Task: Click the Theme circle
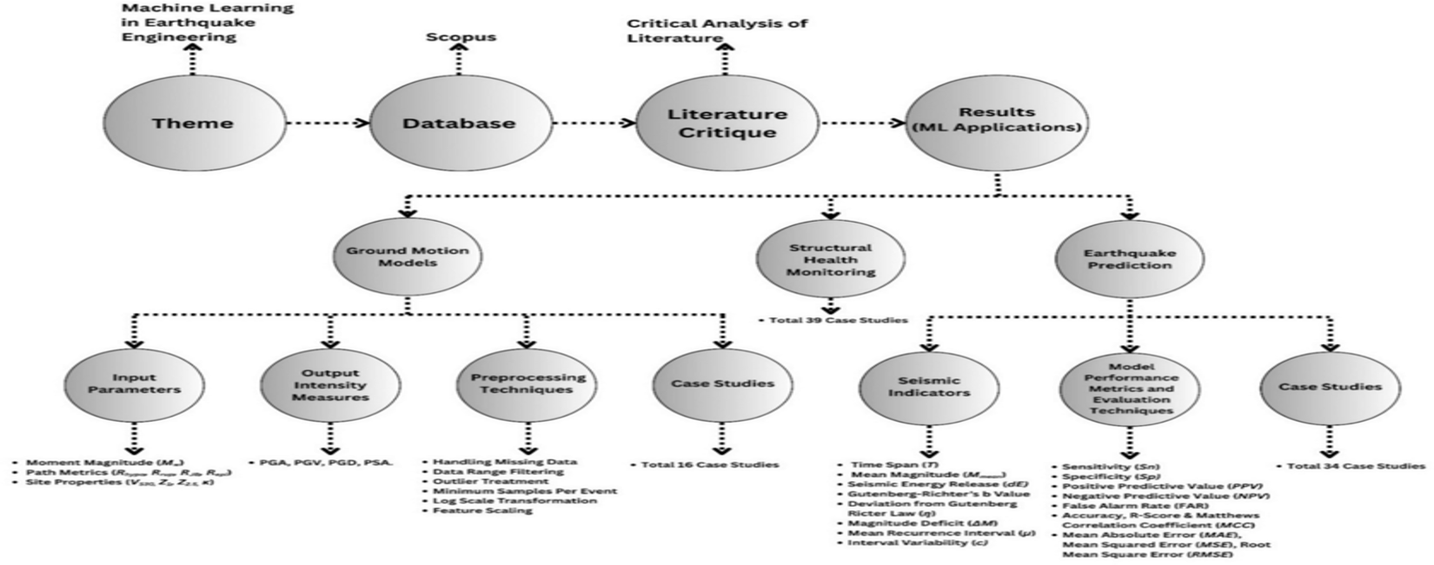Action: tap(193, 123)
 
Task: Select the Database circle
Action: tap(458, 123)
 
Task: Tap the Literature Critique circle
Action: tap(727, 123)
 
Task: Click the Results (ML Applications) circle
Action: tap(997, 119)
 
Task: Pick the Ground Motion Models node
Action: tap(408, 256)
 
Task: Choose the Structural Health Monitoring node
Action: tap(830, 259)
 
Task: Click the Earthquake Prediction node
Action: tap(1129, 259)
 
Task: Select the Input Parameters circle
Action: tap(134, 383)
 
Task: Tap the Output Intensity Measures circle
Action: tap(329, 385)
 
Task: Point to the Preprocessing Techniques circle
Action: tap(528, 383)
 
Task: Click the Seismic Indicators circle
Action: tap(929, 387)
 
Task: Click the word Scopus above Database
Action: tap(461, 37)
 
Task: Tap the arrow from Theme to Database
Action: tap(327, 123)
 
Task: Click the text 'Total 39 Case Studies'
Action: tap(838, 320)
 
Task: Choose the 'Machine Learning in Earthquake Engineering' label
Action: tap(207, 23)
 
